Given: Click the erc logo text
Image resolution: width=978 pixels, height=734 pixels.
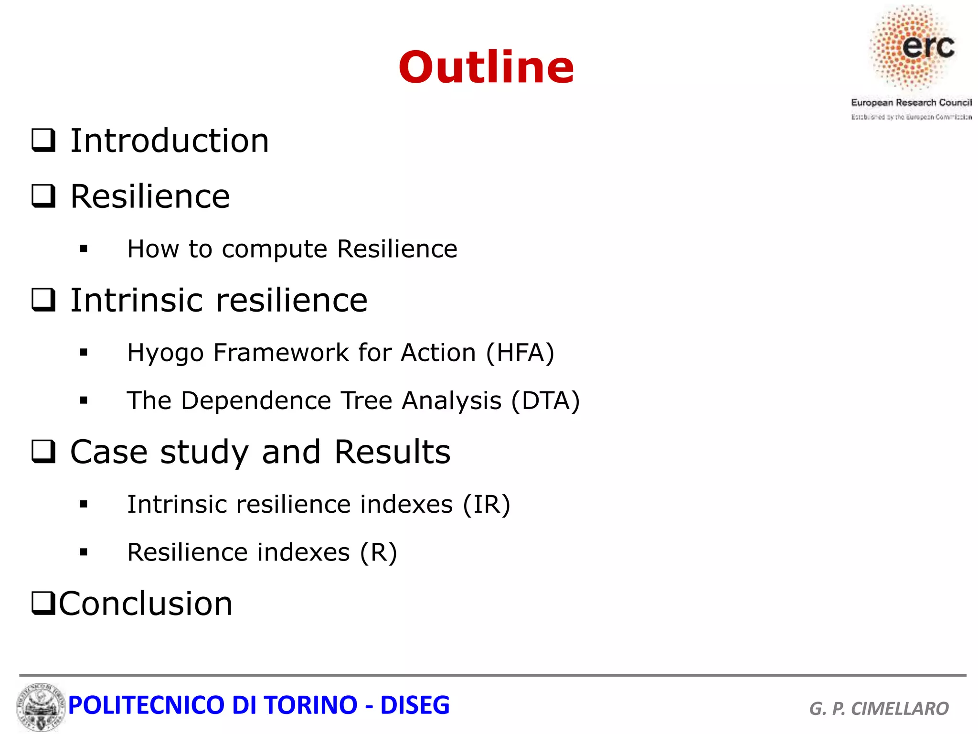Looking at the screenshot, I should tap(928, 46).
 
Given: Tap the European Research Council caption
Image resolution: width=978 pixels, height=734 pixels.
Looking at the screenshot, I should tap(911, 103).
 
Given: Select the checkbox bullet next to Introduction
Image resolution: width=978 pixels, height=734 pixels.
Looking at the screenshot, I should tap(43, 140).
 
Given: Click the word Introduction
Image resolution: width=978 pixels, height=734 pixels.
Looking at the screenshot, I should tap(170, 141).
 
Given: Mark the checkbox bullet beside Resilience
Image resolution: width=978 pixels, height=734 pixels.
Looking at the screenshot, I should tap(43, 196).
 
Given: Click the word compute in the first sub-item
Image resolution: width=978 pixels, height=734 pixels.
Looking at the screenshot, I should tap(274, 249).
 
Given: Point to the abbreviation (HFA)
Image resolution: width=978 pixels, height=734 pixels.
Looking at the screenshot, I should tap(520, 353).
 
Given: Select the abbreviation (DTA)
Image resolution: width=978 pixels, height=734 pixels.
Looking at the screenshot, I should tap(545, 400).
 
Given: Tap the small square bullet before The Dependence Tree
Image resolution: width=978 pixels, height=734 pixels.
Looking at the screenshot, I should tap(84, 400).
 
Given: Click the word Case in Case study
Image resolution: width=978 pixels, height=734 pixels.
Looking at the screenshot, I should tap(109, 452).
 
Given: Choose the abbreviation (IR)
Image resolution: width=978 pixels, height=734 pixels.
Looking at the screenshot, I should tap(486, 505).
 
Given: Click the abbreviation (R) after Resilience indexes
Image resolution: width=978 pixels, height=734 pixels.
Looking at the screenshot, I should tap(378, 552).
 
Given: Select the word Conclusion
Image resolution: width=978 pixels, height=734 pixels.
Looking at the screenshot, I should tap(146, 604).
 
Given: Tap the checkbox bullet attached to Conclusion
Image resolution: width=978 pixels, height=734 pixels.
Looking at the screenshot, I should tap(43, 603).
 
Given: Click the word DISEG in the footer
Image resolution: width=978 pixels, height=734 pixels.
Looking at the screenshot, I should tap(415, 705).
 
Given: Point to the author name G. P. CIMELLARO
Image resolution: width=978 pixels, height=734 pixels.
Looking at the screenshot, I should tap(879, 708).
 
